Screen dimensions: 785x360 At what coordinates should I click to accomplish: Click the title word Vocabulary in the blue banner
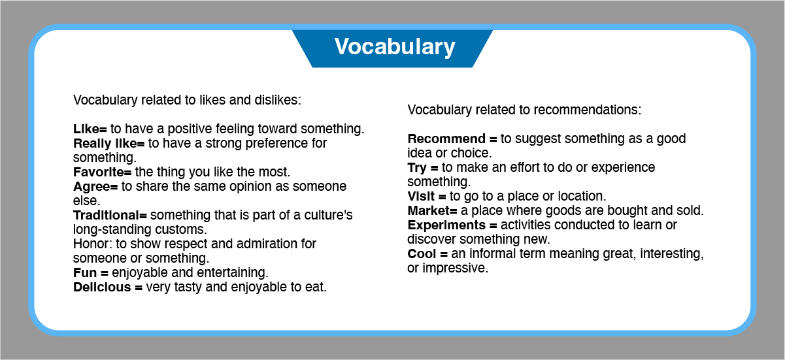(x=395, y=47)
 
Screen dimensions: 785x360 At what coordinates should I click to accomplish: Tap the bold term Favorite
(x=99, y=172)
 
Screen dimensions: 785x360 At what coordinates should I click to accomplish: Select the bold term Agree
(x=92, y=187)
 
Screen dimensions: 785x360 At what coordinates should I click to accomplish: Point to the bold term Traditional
(x=106, y=215)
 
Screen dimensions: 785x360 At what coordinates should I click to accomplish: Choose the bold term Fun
(x=85, y=272)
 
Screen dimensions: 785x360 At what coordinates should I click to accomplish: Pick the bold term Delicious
(x=102, y=287)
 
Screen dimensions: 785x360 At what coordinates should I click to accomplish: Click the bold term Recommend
(x=446, y=139)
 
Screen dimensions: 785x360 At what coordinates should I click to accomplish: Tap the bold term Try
(x=417, y=168)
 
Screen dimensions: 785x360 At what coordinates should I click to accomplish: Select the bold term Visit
(x=421, y=196)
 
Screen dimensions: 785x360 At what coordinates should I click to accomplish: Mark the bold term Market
(x=428, y=210)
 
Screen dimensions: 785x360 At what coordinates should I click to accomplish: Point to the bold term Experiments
(x=446, y=225)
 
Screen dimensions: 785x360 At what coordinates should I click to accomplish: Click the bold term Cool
(x=422, y=254)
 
